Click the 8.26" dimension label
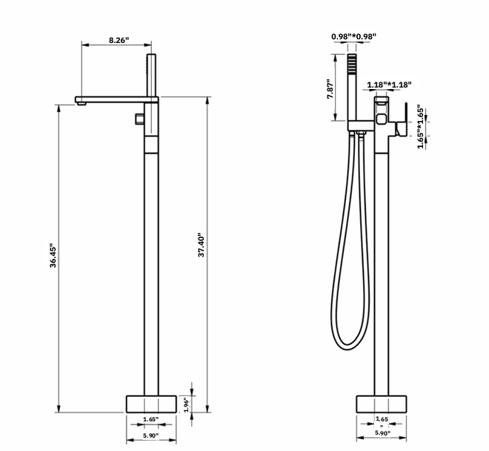(118, 39)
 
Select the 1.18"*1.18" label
(389, 85)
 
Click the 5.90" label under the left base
(150, 435)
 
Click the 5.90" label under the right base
(383, 433)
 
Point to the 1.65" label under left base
(150, 420)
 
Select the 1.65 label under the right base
(383, 419)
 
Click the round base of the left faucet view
(151, 404)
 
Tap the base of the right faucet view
(383, 404)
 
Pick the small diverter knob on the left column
(139, 119)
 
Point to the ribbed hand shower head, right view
(354, 73)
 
